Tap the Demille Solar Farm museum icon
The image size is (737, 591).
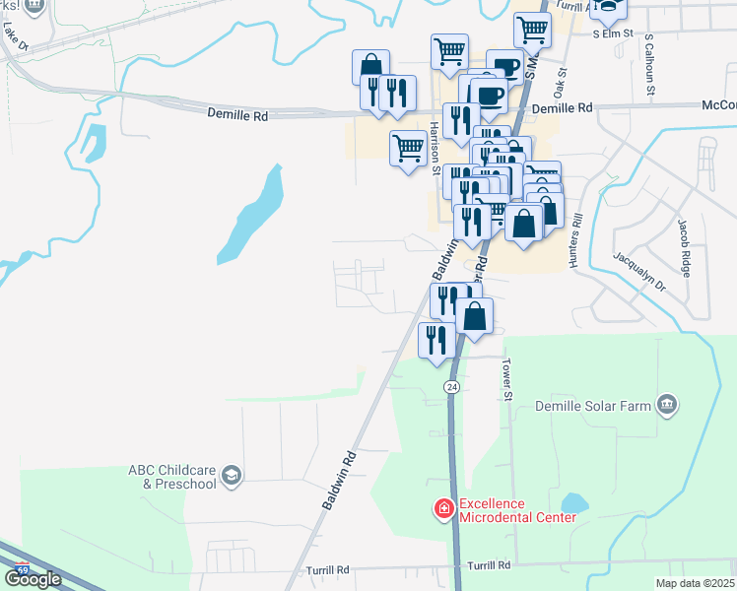(x=668, y=404)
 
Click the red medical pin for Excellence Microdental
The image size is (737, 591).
(x=444, y=509)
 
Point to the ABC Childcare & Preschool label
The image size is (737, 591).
(x=171, y=477)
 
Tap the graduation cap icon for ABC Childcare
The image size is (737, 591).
(x=231, y=477)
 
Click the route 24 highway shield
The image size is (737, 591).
(x=452, y=387)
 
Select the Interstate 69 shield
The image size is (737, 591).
(x=23, y=569)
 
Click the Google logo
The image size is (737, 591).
(x=33, y=579)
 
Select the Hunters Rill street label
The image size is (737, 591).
(x=575, y=242)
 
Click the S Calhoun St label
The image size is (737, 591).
(x=649, y=67)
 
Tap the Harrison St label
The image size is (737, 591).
(x=435, y=148)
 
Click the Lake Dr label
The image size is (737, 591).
(x=12, y=38)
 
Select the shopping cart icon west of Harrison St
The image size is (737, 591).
(x=408, y=150)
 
